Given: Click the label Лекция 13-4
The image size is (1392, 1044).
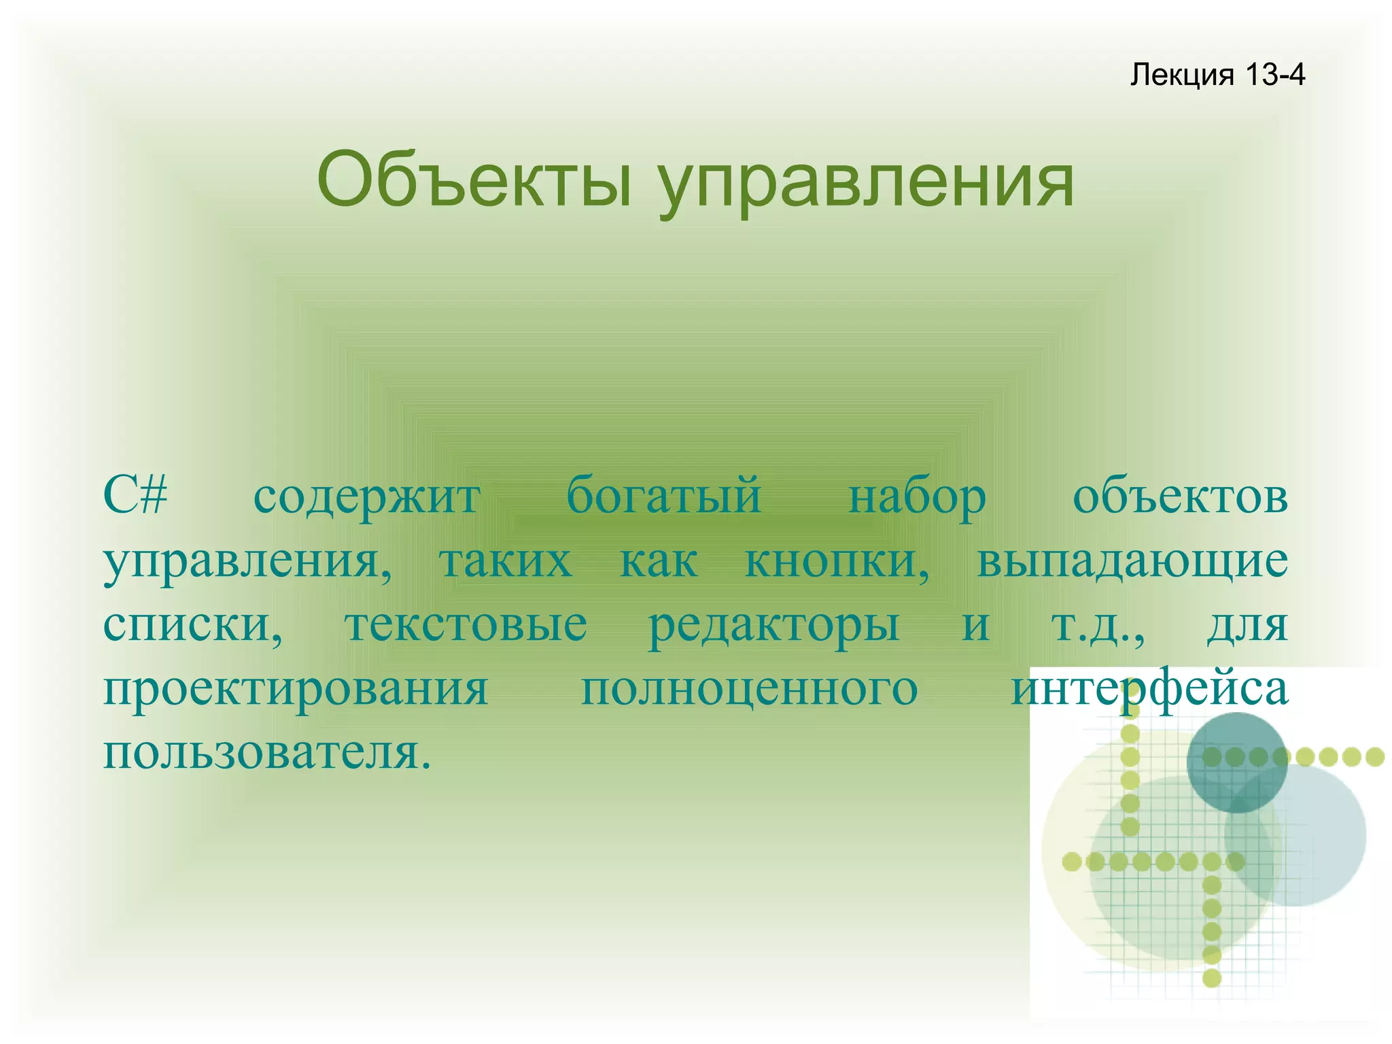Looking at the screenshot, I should tap(1217, 74).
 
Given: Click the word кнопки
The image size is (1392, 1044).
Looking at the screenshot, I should tap(837, 562).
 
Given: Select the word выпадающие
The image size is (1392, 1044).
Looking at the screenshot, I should tap(1132, 562).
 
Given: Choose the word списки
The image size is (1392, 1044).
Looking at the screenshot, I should tap(192, 624).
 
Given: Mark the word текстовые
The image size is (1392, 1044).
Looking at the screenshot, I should tap(466, 624).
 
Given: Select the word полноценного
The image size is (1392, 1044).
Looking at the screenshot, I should tap(750, 688).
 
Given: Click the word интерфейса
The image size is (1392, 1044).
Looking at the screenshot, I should tap(1149, 688).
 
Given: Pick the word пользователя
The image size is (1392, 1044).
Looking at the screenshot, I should tap(266, 752).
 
